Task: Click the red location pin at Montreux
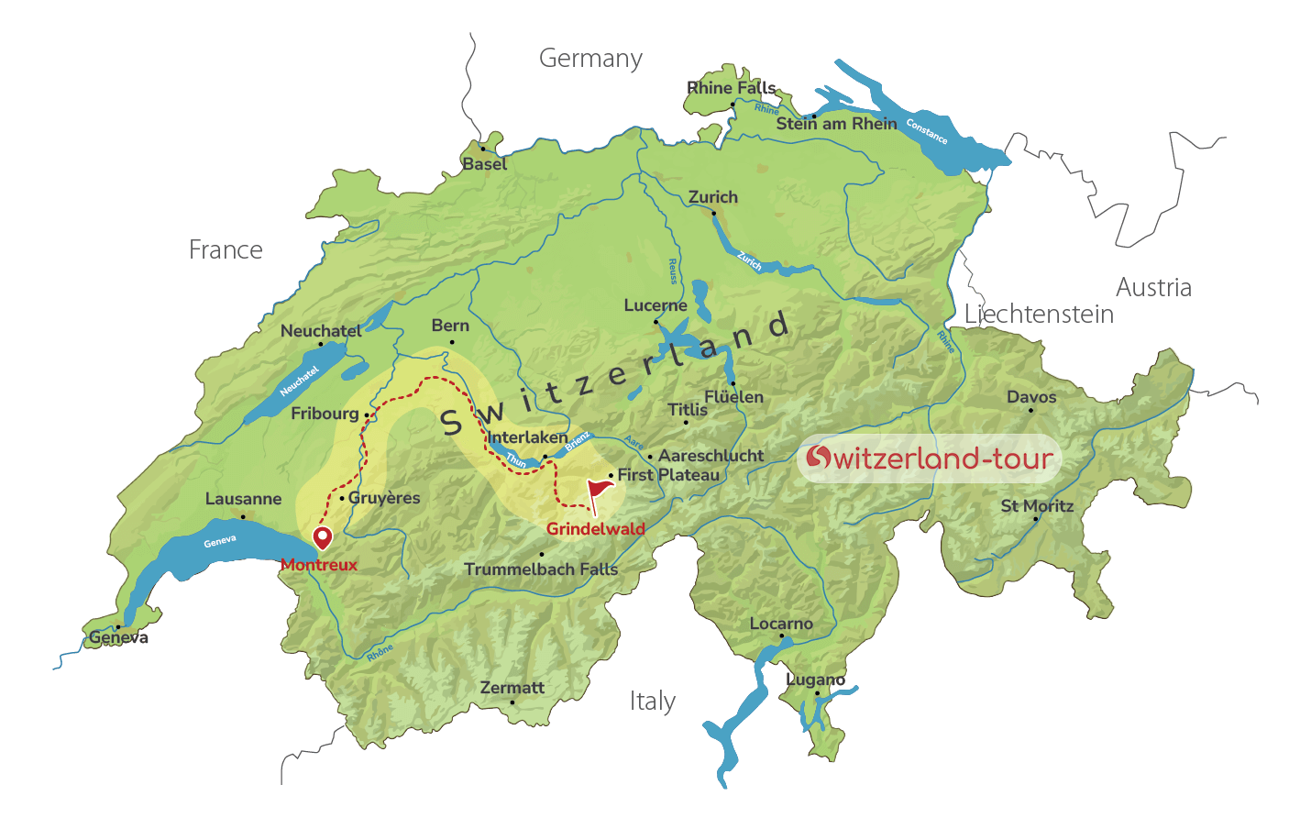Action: pos(322,536)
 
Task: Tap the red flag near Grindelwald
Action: pos(600,490)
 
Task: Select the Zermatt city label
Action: pos(512,688)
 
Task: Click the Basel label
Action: pos(484,164)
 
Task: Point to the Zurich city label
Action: pos(712,197)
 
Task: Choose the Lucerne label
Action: pos(655,305)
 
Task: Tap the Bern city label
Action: pos(450,326)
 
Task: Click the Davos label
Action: pos(1031,397)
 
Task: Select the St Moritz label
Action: pos(1037,505)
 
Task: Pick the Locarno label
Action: pos(781,624)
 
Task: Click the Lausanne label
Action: pos(243,499)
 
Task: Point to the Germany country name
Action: pos(590,59)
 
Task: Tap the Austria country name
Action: pos(1153,288)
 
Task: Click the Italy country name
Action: pos(652,702)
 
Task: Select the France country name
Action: pos(226,249)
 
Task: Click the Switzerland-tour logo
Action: pos(928,458)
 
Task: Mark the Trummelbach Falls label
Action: pos(541,569)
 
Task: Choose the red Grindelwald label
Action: pos(596,529)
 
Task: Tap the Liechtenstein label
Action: pos(1039,315)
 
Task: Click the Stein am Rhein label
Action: pos(836,124)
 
